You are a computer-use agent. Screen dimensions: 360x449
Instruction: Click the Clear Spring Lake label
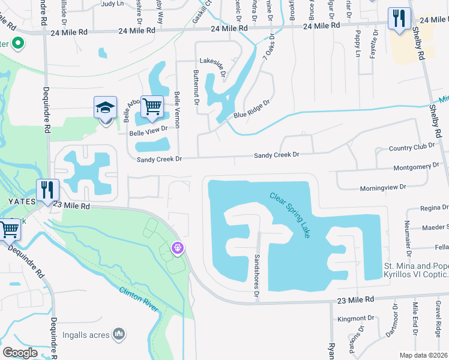pos(290,215)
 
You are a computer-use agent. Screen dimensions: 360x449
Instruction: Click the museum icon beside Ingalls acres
pos(119,333)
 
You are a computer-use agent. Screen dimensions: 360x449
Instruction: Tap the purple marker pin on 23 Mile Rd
pos(177,247)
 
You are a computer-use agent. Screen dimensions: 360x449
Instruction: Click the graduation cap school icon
pos(106,109)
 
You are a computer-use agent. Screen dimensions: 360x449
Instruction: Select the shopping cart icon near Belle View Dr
pos(152,107)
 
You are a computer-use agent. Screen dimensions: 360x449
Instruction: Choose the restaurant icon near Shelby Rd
pos(399,19)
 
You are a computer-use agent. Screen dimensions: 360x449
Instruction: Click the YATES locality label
pos(17,202)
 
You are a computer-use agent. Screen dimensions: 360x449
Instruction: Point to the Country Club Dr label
pos(411,148)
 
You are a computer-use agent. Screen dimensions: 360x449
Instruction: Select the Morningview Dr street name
pos(383,188)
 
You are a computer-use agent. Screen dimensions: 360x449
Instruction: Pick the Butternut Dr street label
pos(196,86)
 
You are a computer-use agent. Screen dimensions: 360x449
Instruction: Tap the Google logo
pos(20,353)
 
